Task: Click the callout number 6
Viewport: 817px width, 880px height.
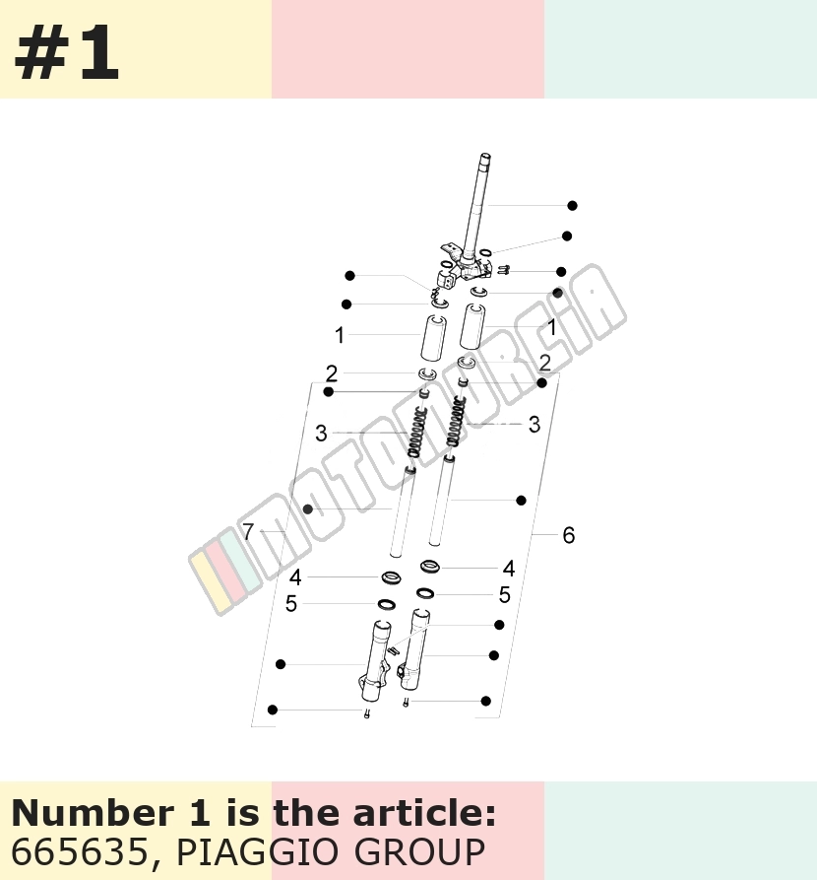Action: pos(569,535)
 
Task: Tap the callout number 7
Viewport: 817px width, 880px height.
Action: pos(248,531)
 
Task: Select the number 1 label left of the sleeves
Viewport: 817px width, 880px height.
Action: pos(340,335)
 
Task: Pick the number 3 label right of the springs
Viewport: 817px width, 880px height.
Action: pos(534,425)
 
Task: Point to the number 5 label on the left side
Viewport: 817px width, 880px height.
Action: pos(291,604)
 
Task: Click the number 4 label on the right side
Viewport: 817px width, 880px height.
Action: pos(509,569)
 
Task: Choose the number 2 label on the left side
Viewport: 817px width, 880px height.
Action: pos(332,373)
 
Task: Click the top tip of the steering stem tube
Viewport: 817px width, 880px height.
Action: pos(485,155)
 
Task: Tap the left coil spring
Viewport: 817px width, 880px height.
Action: pos(417,431)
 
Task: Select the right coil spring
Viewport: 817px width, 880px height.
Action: pos(457,421)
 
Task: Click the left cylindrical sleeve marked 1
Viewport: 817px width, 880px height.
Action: pos(434,337)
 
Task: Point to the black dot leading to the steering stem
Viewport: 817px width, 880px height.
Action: pos(572,205)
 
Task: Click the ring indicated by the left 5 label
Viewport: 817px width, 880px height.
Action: pos(386,604)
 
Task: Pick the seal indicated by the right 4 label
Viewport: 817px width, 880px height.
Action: pos(430,567)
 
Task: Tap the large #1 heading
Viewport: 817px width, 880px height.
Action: pos(67,54)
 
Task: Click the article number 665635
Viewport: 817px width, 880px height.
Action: pos(79,851)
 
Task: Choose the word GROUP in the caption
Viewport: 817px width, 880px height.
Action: pos(420,851)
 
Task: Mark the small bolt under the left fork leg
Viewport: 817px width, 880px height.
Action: pos(367,713)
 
